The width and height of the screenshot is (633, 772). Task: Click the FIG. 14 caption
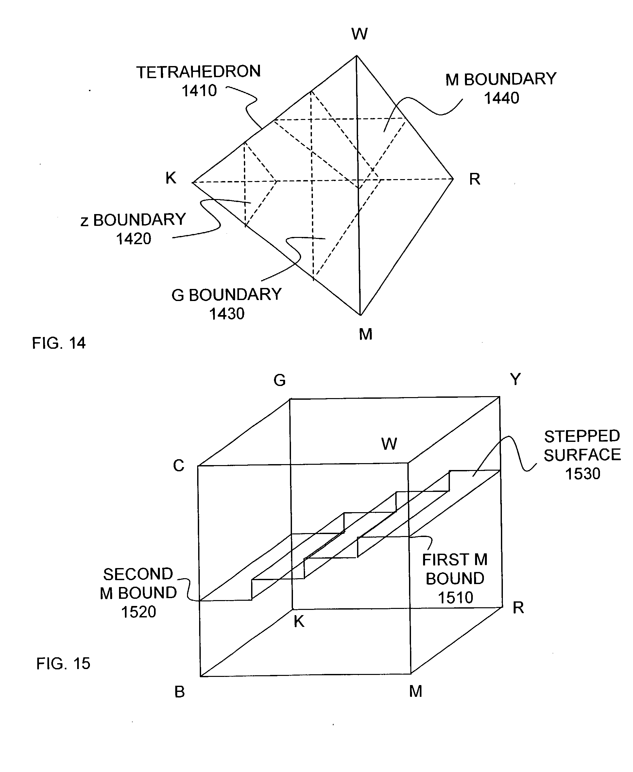click(59, 343)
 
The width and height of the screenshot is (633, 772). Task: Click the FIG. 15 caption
click(63, 663)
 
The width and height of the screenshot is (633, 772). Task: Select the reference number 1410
click(199, 91)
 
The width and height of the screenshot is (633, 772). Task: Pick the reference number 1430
click(227, 314)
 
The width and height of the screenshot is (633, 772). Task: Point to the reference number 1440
click(501, 98)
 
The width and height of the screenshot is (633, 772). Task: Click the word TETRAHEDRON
click(199, 72)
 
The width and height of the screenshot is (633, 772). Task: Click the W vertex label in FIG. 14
click(360, 34)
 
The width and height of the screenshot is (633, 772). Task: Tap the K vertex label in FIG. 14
click(171, 178)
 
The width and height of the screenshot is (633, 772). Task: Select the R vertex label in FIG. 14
click(474, 179)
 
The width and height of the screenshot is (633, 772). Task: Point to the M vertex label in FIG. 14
click(365, 334)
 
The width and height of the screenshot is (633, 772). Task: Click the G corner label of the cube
click(279, 380)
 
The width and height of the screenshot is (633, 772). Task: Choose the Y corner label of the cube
click(515, 379)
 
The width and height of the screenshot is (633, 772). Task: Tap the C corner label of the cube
click(179, 465)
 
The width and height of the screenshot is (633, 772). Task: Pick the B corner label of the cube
click(180, 692)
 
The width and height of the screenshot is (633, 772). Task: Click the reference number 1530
click(582, 474)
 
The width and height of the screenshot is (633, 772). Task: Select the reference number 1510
click(455, 598)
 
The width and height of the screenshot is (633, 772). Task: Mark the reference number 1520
click(139, 612)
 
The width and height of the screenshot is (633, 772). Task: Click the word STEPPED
click(582, 436)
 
